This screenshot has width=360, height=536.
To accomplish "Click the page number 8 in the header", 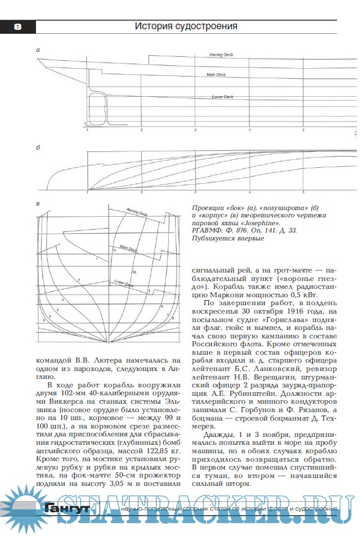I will [x=17, y=26].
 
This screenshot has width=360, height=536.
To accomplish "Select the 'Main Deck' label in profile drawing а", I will [x=216, y=74].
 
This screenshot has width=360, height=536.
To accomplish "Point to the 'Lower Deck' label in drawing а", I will [x=222, y=97].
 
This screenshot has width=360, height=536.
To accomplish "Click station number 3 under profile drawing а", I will [x=195, y=130].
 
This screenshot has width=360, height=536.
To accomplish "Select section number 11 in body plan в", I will [x=114, y=250].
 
